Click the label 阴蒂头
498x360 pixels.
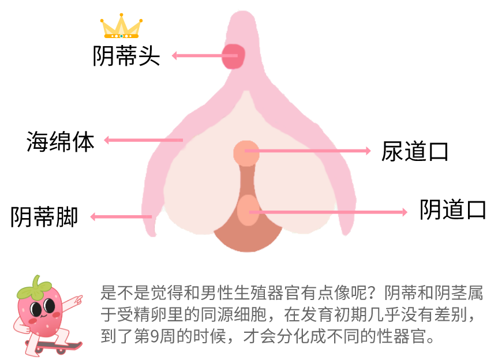(x=126, y=56)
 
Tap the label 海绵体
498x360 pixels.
(x=60, y=141)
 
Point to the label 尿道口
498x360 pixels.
(x=415, y=151)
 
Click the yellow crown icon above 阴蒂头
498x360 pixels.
(x=121, y=27)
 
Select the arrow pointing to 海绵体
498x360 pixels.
(x=141, y=140)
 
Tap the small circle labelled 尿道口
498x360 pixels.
(x=245, y=152)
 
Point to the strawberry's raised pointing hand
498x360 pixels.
(x=77, y=299)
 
